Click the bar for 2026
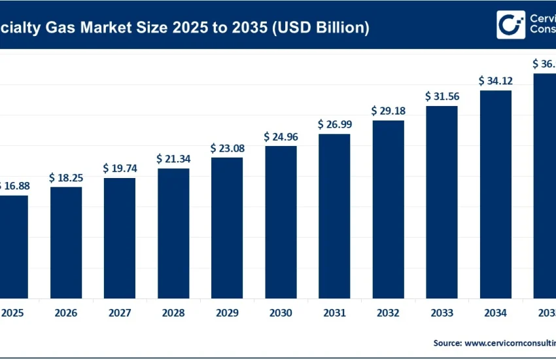[x=66, y=242]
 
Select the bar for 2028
[x=173, y=233]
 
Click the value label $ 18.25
[x=66, y=177]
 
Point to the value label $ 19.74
[x=120, y=168]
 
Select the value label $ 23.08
[x=227, y=148]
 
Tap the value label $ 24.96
[x=281, y=136]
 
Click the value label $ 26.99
[x=334, y=124]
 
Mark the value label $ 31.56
[x=442, y=96]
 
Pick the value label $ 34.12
[x=495, y=81]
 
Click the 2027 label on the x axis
[x=120, y=314]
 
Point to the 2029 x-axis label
[x=227, y=314]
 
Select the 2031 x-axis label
[x=334, y=314]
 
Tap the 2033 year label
[x=442, y=314]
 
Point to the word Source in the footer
[x=447, y=342]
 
